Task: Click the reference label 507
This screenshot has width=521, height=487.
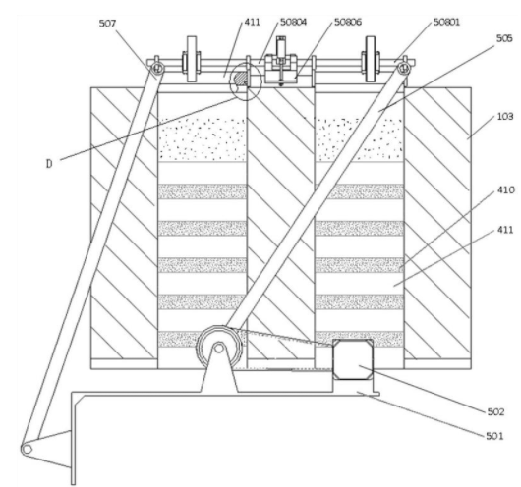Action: point(107,24)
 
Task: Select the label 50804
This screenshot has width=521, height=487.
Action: point(293,22)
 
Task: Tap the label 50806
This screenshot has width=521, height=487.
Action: point(348,22)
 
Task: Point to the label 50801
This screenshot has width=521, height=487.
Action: point(446,22)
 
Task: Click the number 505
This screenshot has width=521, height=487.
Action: point(504,38)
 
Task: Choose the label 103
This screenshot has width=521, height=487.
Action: point(505,117)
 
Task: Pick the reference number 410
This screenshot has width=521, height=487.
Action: point(505,189)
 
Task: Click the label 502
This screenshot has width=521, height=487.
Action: point(495,412)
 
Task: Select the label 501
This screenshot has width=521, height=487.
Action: point(494,436)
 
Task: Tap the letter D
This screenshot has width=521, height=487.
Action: point(49,164)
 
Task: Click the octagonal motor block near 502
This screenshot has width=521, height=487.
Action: point(353,358)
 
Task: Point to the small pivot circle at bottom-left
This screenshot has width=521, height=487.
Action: point(27,450)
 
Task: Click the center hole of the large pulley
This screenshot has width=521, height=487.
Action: point(218,348)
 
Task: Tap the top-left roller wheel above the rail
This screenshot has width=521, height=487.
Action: point(192,59)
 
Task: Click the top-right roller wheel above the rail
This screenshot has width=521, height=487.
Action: point(371,59)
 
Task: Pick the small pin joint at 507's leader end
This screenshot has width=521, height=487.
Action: point(157,69)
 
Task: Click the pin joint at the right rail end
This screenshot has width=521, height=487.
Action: point(404,69)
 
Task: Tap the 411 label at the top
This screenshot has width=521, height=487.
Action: point(253,22)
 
